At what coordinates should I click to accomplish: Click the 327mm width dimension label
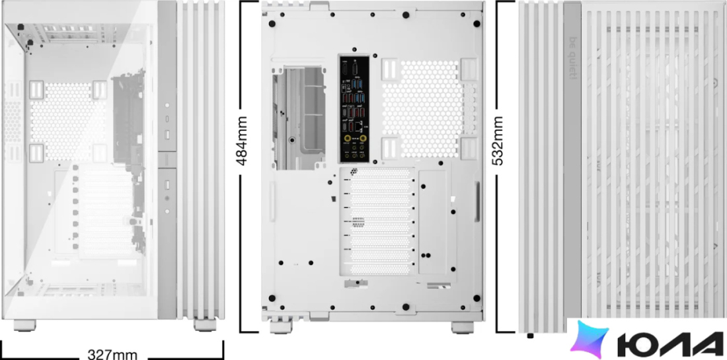(112, 355)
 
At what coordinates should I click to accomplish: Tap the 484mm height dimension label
(241, 141)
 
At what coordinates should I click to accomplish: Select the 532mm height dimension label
(497, 141)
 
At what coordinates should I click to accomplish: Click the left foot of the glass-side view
(25, 325)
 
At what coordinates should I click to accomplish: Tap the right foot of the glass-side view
(205, 325)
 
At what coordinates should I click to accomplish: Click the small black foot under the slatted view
(531, 336)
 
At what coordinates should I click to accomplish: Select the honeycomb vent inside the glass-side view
(67, 122)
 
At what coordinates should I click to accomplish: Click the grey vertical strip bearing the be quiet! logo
(572, 160)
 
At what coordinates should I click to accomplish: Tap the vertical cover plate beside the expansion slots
(433, 221)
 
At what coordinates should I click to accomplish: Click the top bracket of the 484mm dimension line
(249, 1)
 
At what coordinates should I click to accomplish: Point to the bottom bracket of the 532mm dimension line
(506, 332)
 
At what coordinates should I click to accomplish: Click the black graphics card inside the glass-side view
(125, 120)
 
